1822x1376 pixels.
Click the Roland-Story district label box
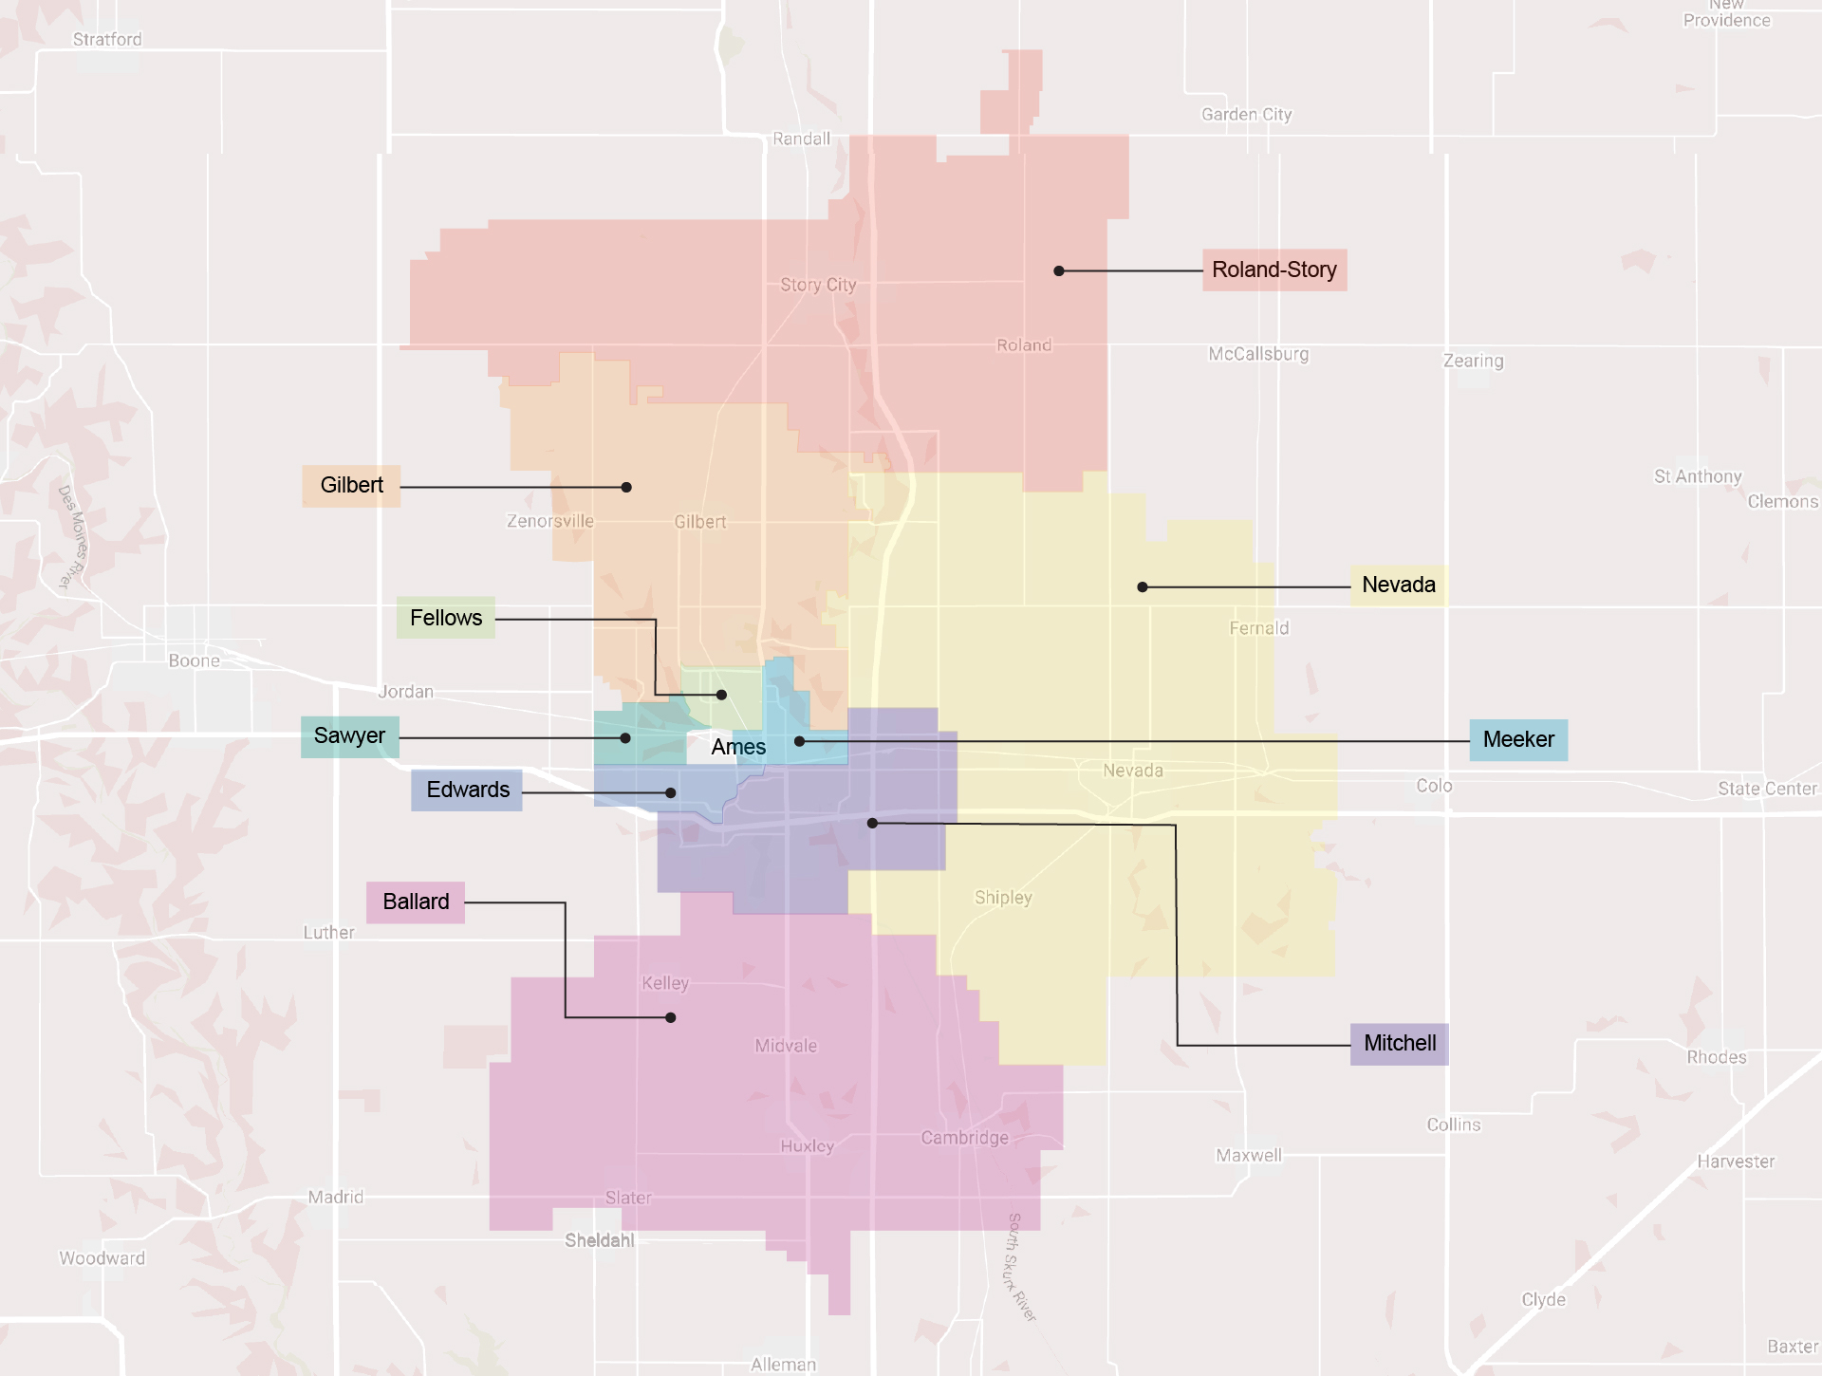[1274, 270]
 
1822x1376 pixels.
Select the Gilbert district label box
[351, 486]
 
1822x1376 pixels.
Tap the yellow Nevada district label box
[1398, 586]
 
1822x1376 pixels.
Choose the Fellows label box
[445, 618]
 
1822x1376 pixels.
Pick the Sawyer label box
[349, 736]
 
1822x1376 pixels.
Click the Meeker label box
[1517, 740]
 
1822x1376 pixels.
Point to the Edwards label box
[466, 790]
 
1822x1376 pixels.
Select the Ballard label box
[416, 902]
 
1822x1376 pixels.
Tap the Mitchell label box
[1399, 1044]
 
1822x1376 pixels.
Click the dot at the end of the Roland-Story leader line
[1059, 271]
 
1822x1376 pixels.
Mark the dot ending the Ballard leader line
[671, 1018]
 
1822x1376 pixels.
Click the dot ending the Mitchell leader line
[872, 823]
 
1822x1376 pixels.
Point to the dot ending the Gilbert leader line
[626, 488]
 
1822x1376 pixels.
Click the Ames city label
[738, 748]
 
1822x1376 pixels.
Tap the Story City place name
[818, 285]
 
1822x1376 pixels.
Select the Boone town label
[194, 660]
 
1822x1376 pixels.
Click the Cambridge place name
[964, 1138]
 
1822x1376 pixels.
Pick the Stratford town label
[107, 40]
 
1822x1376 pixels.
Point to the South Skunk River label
[1020, 1267]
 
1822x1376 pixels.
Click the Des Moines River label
[72, 537]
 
